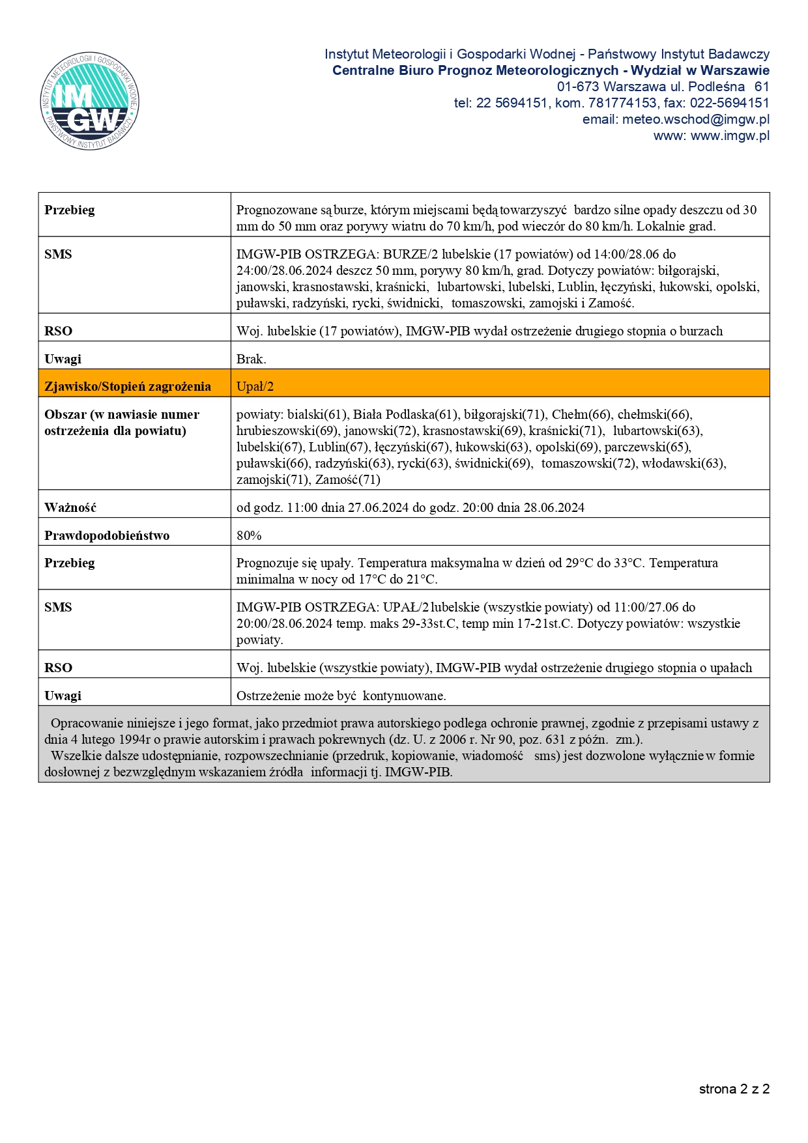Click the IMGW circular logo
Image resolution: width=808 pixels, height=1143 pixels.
pos(89,101)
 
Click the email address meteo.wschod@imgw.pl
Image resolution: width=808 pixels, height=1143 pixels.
pos(696,119)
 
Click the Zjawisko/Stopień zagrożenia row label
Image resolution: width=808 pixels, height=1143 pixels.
pos(128,386)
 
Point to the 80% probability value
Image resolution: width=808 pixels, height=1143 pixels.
pos(249,535)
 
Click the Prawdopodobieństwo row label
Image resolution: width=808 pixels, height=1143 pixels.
pos(107,535)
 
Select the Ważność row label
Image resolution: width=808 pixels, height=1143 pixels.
pos(70,507)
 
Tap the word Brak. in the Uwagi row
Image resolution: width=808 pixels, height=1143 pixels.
pos(252,359)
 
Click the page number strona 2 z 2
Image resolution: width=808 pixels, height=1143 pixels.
pos(734,1089)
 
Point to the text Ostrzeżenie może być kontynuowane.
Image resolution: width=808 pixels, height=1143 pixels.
pos(341,696)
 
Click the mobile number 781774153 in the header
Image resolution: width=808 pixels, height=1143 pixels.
pos(622,103)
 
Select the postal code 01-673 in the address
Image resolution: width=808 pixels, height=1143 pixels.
pos(577,87)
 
